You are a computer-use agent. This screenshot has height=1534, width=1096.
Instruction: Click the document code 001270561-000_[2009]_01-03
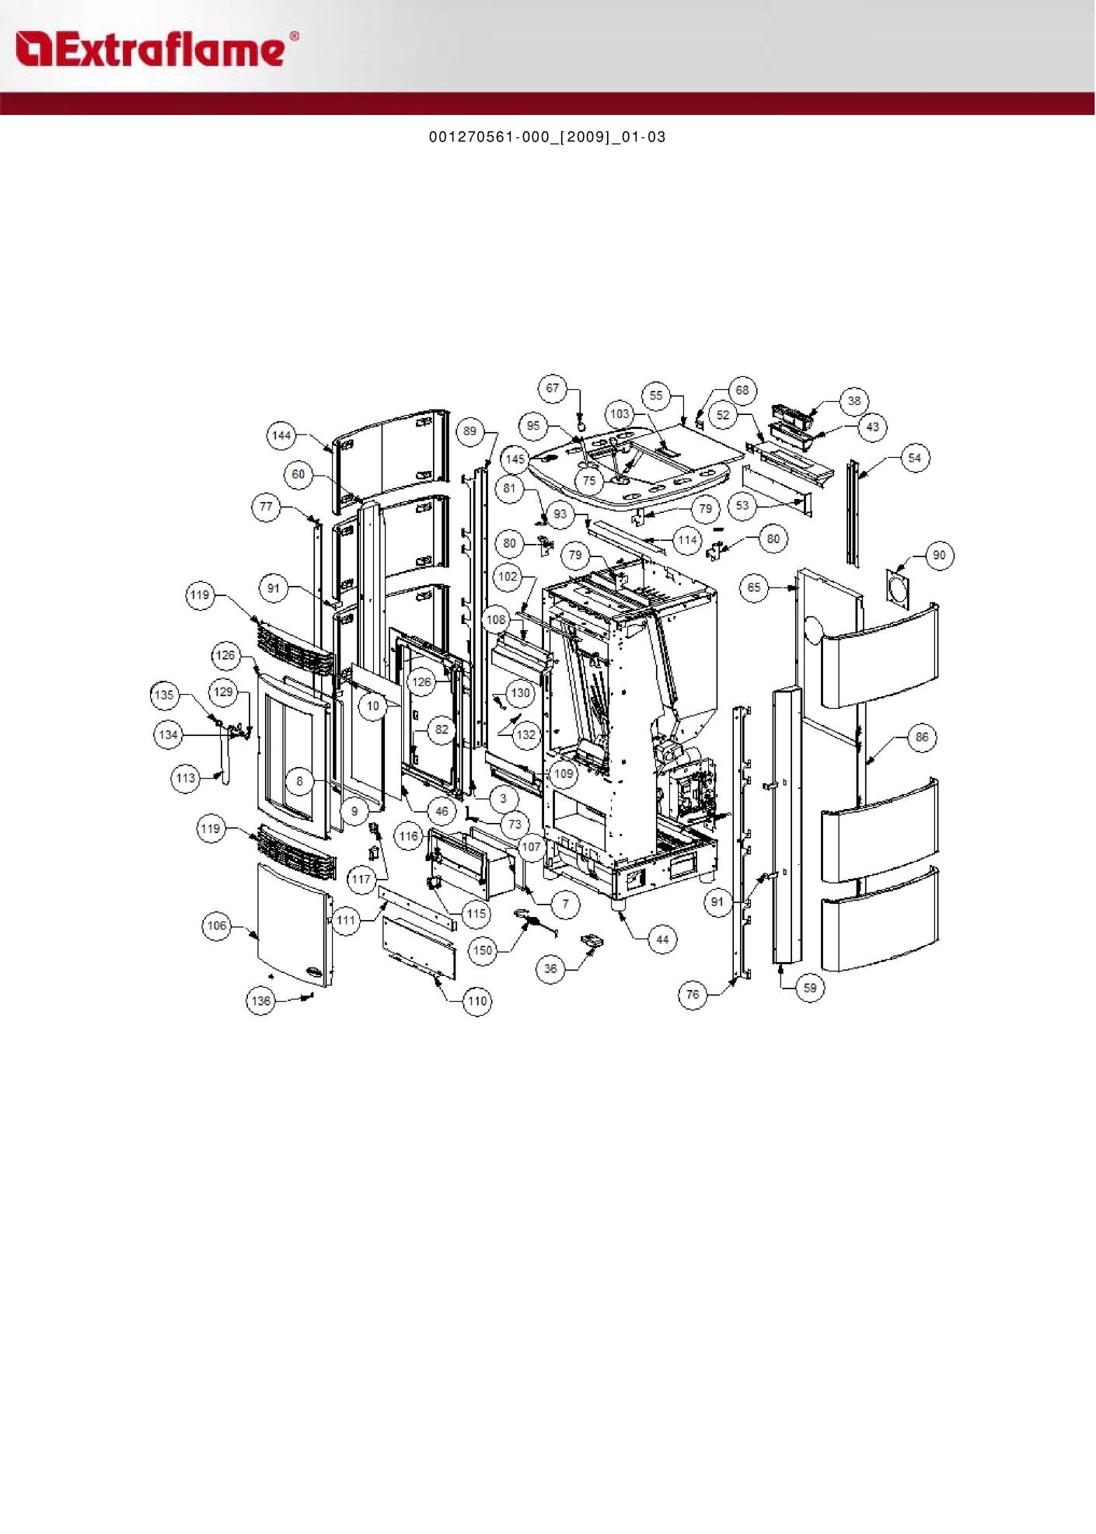tap(547, 138)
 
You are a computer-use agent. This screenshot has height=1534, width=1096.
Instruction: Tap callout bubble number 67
tap(552, 389)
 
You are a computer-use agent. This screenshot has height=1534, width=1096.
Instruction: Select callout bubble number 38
tap(854, 401)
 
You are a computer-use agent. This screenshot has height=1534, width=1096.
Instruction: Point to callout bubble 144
tap(281, 435)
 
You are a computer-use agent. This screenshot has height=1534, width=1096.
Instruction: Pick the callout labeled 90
tap(940, 556)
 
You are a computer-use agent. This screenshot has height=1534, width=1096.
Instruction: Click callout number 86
tap(922, 737)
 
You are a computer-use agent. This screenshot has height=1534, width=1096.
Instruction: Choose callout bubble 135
tap(164, 695)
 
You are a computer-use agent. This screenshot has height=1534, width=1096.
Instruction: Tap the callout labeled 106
tap(217, 926)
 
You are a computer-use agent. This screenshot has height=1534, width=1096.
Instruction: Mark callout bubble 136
tap(261, 1001)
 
